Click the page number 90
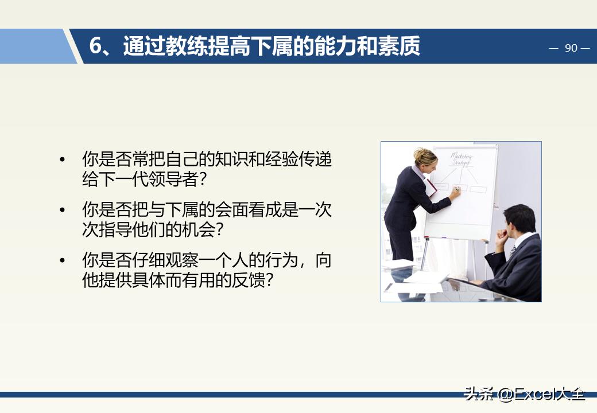pyautogui.click(x=571, y=48)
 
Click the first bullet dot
pyautogui.click(x=63, y=159)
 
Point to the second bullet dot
pyautogui.click(x=63, y=210)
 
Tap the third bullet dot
pyautogui.click(x=63, y=260)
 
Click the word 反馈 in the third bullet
pyautogui.click(x=249, y=280)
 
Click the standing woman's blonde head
pyautogui.click(x=425, y=158)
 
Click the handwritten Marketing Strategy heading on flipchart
pyautogui.click(x=462, y=159)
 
